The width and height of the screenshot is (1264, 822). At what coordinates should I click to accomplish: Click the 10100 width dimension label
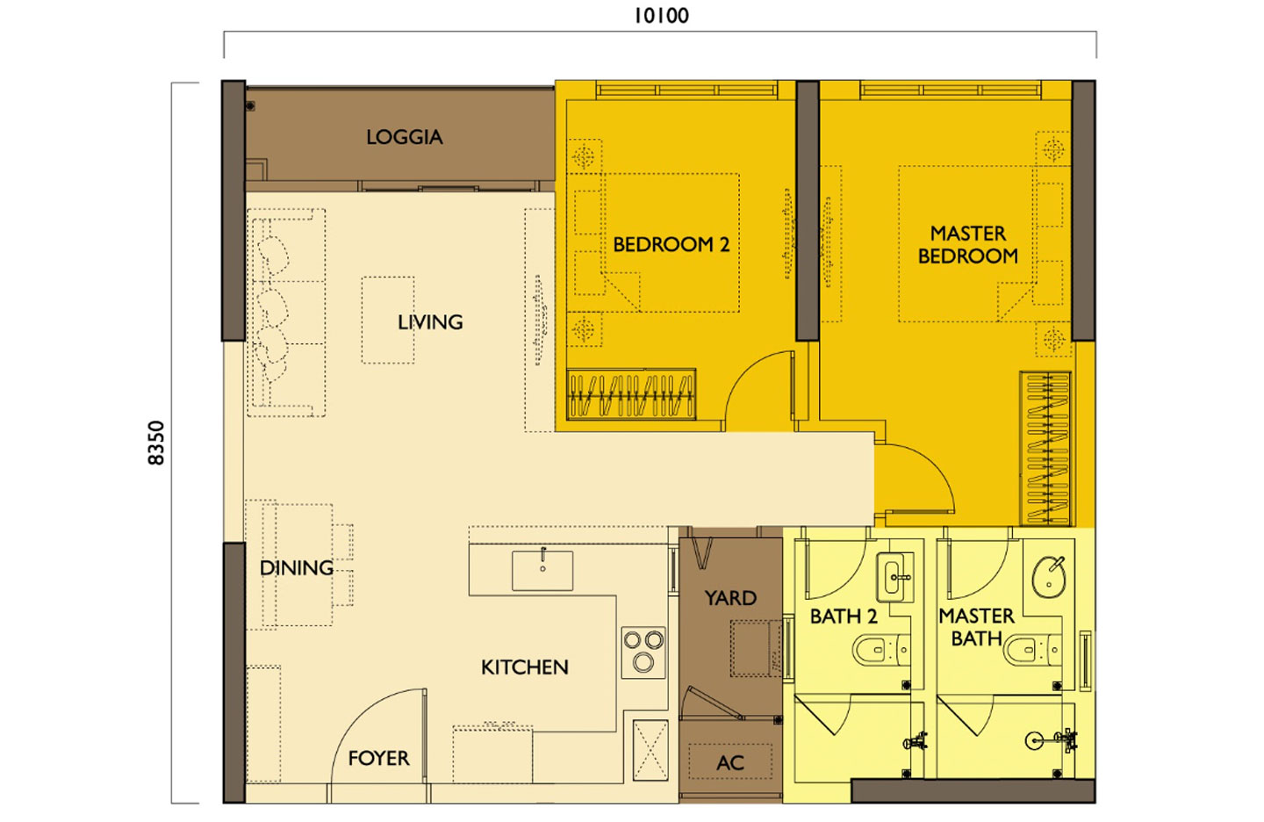pos(661,16)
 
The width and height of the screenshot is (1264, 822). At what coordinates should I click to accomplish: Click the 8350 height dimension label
pos(156,443)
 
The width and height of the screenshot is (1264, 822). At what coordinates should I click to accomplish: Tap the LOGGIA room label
pos(404,137)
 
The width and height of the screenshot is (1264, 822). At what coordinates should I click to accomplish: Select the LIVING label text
pos(430,322)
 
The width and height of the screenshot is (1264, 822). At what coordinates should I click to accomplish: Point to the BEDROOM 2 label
pos(671,245)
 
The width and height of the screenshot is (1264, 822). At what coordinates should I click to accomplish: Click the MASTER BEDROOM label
pos(967,245)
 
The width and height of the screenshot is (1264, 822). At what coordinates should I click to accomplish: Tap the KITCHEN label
pos(524,667)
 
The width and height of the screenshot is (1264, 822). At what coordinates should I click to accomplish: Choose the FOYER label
pos(378,758)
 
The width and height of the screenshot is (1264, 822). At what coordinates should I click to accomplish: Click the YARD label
pos(729,598)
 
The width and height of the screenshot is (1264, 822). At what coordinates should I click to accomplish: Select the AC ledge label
pos(729,763)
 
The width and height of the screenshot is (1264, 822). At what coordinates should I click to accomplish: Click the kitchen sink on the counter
pos(542,571)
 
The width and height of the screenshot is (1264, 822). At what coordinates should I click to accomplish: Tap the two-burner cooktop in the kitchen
pos(643,652)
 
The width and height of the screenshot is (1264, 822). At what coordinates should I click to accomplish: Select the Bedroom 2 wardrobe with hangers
pos(631,394)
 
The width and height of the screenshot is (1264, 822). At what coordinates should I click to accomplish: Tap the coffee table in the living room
pos(387,320)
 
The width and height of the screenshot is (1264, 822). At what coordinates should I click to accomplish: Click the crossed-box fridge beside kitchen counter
pos(650,749)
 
